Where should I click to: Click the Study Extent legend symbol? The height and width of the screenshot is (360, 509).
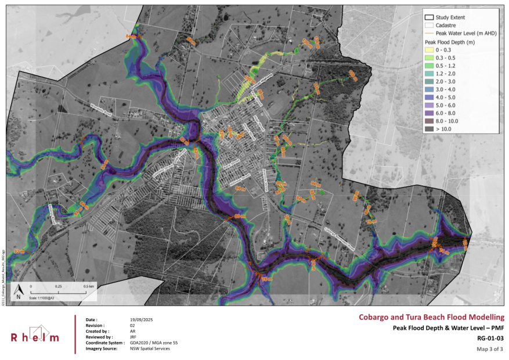pos(429,17)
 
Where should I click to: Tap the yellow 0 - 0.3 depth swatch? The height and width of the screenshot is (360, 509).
pos(429,51)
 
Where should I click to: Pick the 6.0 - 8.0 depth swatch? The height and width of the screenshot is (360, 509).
pos(429,113)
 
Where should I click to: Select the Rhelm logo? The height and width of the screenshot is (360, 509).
pos(35,337)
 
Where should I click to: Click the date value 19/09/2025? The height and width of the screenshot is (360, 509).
pos(142,320)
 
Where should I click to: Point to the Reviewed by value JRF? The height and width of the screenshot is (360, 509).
pos(134,337)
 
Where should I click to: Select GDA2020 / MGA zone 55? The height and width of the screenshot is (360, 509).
pos(154,343)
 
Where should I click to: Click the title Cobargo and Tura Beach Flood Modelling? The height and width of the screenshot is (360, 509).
pos(431,317)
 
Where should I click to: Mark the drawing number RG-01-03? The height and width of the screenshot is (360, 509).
pos(490,338)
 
